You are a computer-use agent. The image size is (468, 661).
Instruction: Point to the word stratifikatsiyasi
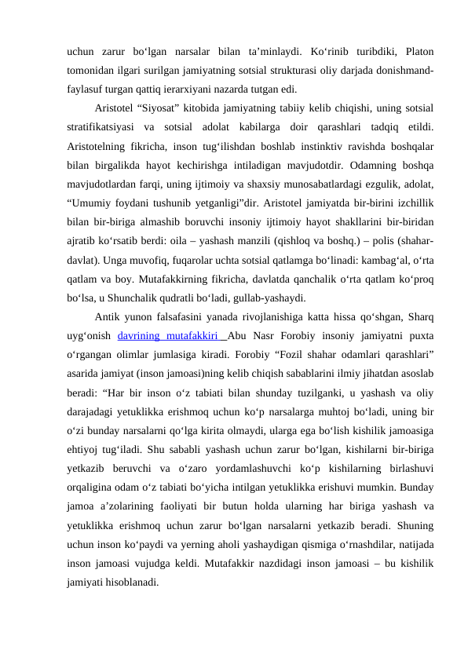coord(104,125)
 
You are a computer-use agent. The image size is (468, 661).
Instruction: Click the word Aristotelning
coord(100,143)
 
